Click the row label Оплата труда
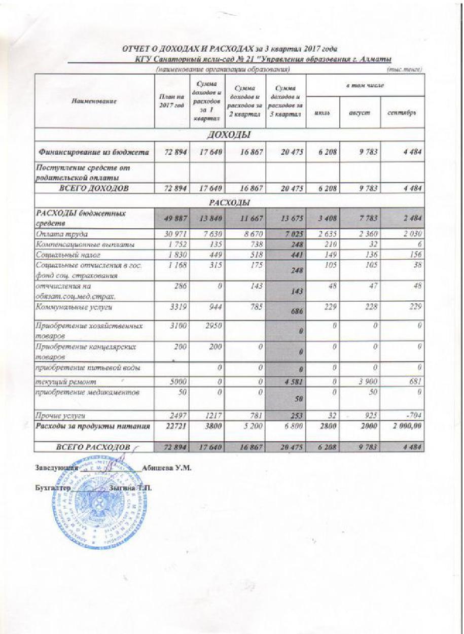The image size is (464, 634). tap(61, 234)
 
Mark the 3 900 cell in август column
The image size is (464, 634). tap(365, 381)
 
